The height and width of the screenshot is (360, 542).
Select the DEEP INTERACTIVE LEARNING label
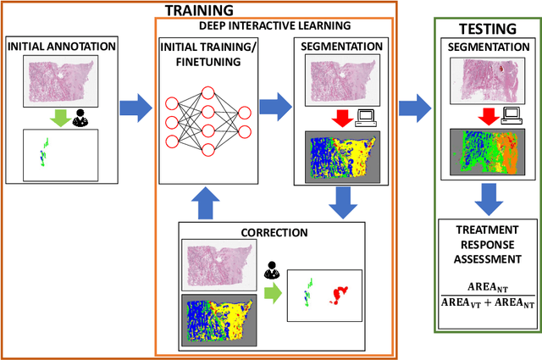pyautogui.click(x=275, y=27)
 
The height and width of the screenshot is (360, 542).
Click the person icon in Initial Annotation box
pyautogui.click(x=79, y=119)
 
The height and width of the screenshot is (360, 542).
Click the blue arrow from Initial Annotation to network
pyautogui.click(x=135, y=108)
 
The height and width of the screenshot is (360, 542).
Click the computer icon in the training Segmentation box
pyautogui.click(x=365, y=118)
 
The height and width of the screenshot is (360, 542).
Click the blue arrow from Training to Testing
pyautogui.click(x=413, y=108)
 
